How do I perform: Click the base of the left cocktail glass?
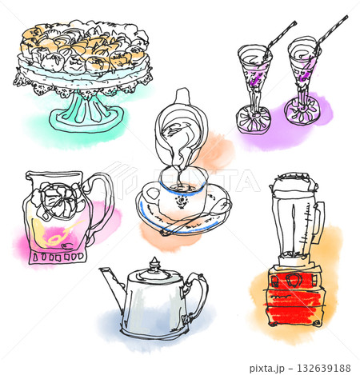[x=254, y=120]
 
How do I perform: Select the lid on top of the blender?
[x=293, y=182]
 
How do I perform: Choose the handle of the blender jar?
[x=319, y=222]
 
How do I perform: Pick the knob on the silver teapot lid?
[x=154, y=262]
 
